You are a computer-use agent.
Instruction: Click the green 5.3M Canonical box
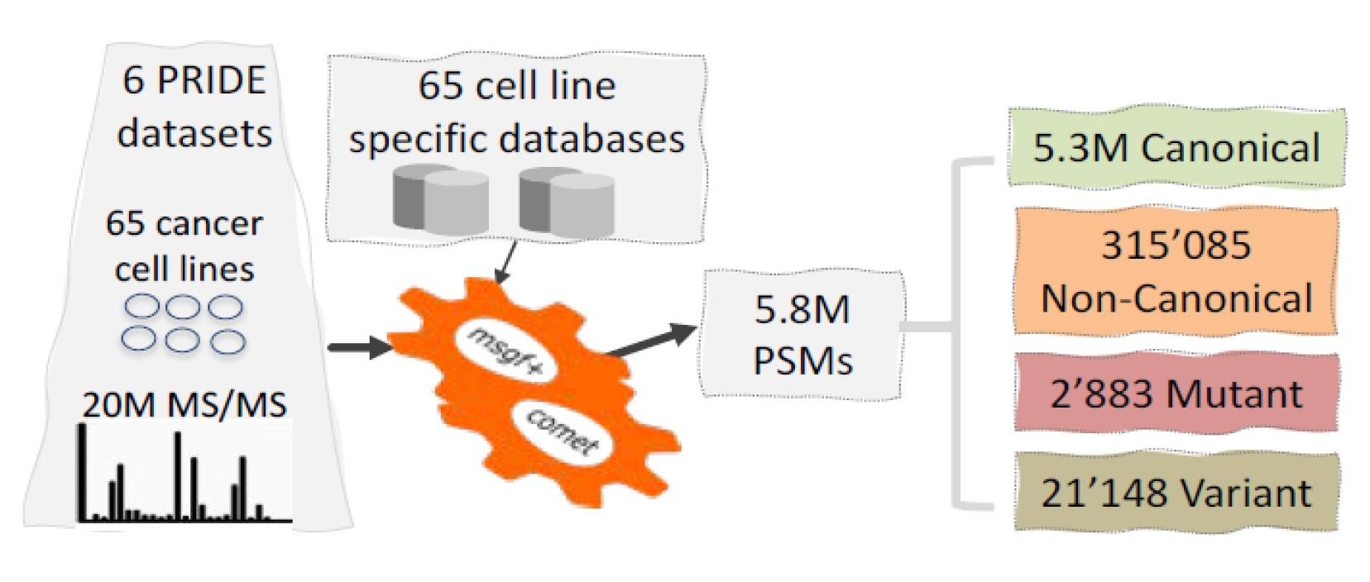[1176, 148]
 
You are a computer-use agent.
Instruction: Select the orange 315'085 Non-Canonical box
[1176, 271]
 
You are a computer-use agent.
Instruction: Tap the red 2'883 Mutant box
[1176, 393]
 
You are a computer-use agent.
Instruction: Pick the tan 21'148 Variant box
[1176, 493]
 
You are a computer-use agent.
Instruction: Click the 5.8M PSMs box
[802, 335]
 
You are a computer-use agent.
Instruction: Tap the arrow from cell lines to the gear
[360, 346]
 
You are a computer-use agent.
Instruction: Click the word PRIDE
[211, 81]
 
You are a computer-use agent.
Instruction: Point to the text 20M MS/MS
[184, 405]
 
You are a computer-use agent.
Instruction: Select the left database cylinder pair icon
[440, 200]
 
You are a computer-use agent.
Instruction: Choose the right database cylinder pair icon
[567, 200]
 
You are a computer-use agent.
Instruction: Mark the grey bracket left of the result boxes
[960, 331]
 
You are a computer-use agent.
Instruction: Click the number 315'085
[1176, 246]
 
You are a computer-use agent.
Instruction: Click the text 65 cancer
[184, 223]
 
